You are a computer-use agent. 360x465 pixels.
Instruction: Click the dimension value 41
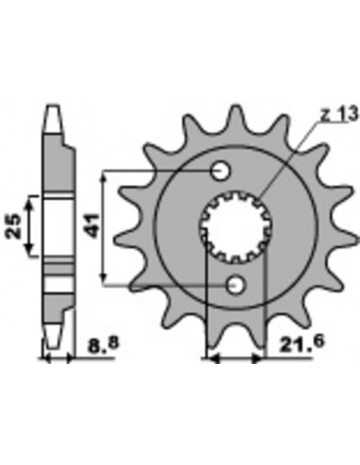point(93,226)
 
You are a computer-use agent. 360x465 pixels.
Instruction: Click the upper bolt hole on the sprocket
point(221,170)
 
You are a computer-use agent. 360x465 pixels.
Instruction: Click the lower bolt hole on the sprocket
point(235,285)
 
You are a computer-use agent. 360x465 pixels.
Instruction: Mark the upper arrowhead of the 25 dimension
point(30,199)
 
